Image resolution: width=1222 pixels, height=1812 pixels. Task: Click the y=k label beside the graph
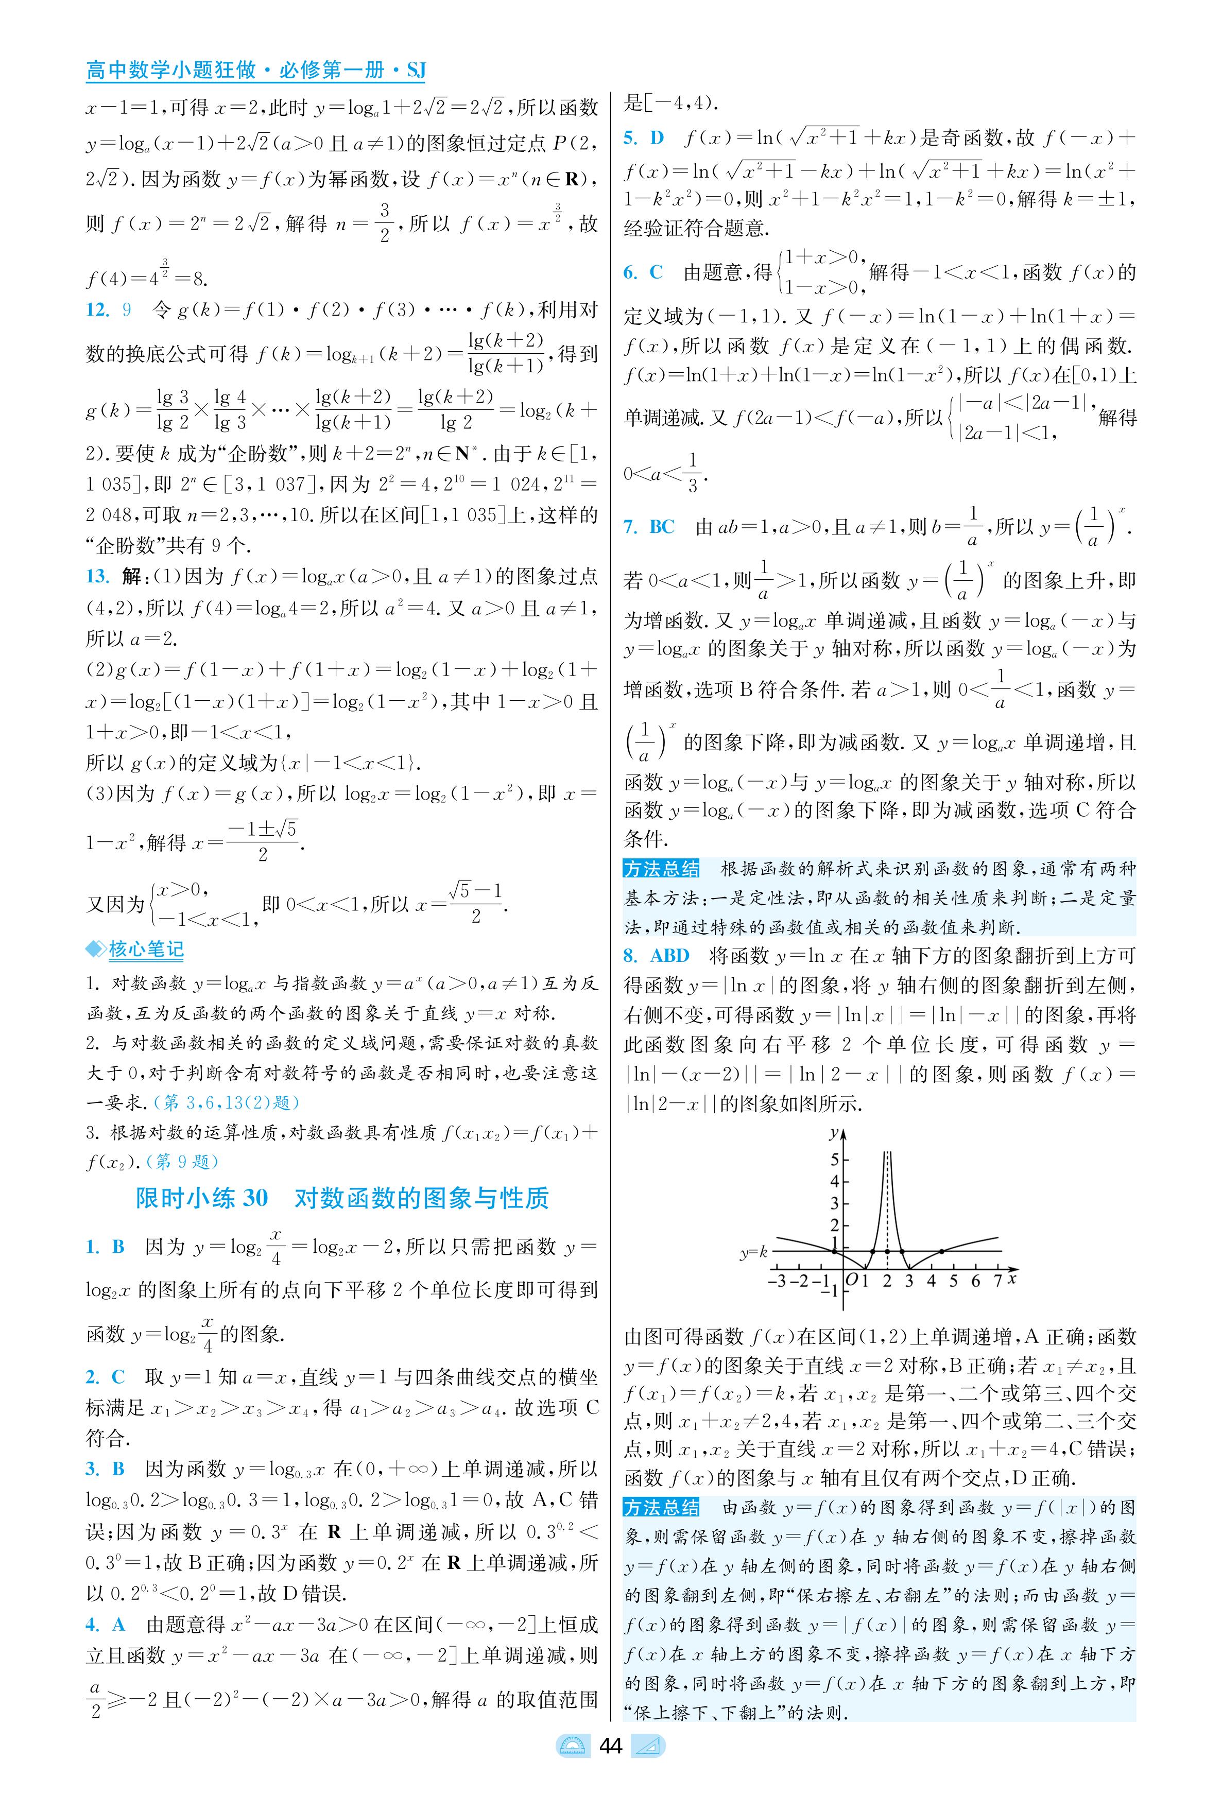point(753,1252)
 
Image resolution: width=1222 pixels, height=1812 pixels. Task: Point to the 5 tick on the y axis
point(835,1160)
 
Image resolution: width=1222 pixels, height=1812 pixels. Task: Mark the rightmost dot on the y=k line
point(942,1252)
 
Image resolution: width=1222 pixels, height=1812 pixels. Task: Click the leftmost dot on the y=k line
point(835,1252)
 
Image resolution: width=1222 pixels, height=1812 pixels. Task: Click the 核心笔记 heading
point(146,950)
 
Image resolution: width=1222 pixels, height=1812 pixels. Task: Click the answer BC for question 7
point(662,527)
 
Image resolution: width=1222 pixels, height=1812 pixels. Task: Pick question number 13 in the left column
point(97,577)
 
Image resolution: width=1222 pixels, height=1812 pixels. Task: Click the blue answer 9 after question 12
point(127,310)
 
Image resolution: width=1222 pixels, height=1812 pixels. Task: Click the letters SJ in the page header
point(416,71)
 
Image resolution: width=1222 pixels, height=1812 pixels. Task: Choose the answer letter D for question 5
point(657,138)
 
